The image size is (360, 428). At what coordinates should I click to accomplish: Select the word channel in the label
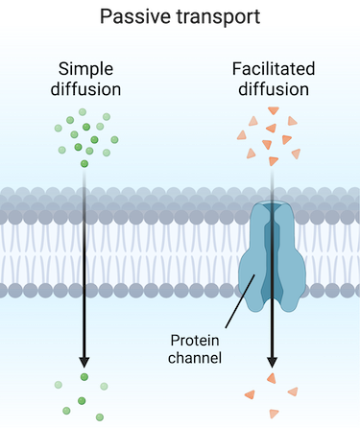196,359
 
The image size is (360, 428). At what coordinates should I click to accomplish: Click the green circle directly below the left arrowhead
84,377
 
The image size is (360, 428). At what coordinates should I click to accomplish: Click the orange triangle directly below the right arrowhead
272,378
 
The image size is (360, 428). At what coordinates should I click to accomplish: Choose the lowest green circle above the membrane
84,164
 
